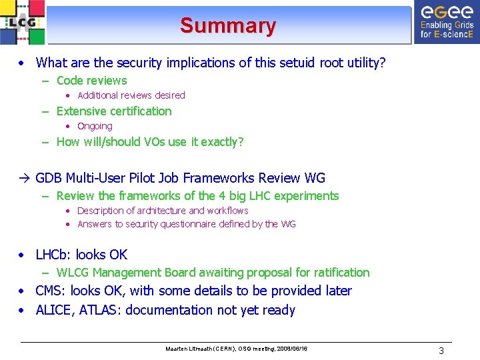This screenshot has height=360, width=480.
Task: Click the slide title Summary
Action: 227,25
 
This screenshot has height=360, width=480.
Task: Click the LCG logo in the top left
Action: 22,23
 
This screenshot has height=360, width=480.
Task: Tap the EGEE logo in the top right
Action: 446,22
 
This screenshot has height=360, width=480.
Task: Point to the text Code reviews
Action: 91,81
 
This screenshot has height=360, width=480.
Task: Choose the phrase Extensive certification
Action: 114,111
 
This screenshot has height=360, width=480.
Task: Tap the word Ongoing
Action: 95,126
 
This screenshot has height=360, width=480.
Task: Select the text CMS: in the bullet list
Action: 51,291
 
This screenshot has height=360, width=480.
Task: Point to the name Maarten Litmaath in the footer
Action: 190,349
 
